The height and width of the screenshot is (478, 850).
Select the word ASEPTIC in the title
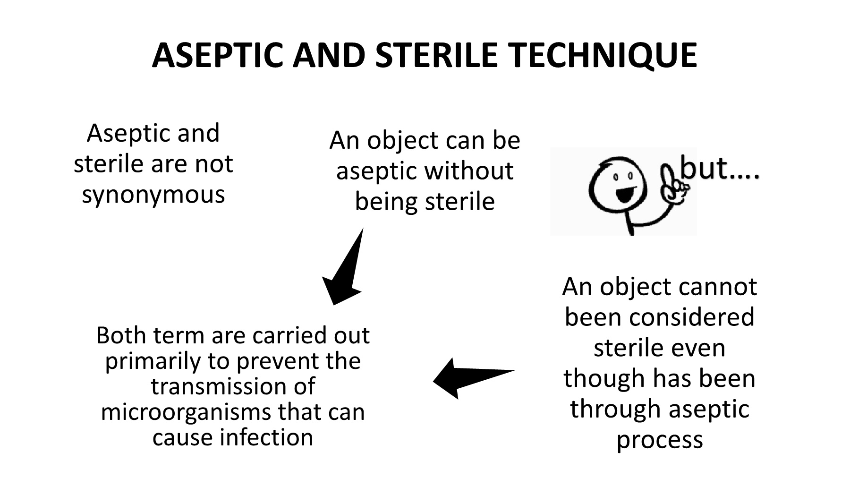[217, 55]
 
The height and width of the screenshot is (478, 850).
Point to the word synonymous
[153, 194]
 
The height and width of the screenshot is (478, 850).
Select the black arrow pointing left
[472, 378]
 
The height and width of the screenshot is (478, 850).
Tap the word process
[660, 439]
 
